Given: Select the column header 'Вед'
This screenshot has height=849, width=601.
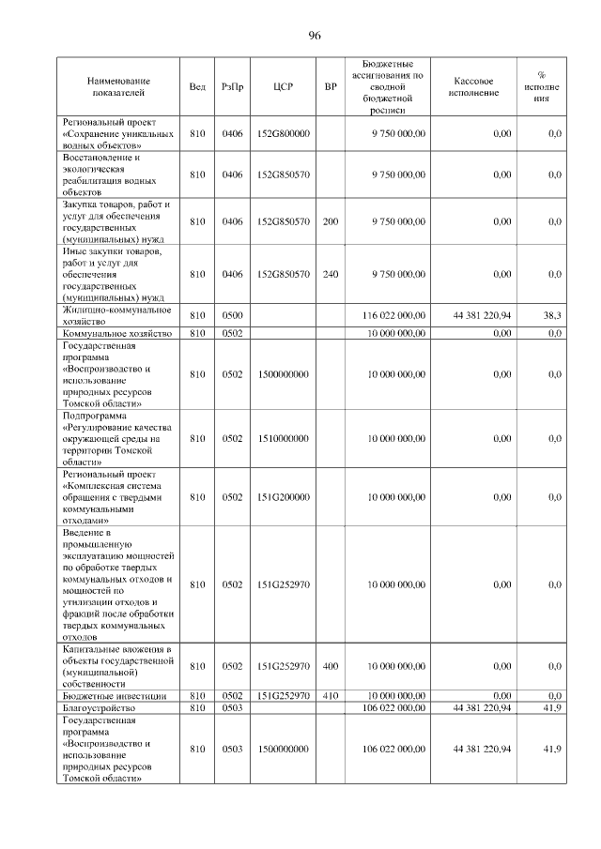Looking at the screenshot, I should (197, 87).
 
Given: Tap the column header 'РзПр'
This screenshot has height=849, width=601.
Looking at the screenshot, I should (232, 87).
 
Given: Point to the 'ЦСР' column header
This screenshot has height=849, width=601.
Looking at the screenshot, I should (283, 87).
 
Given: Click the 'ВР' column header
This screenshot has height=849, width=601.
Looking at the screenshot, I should (330, 87).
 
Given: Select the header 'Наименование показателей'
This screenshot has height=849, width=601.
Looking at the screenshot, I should (118, 87).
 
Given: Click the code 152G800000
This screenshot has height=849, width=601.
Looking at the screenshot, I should (283, 134).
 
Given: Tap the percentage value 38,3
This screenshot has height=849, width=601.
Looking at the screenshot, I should (552, 316).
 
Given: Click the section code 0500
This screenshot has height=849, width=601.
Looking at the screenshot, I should (232, 316).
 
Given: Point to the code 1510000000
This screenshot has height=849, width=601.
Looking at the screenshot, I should (283, 438).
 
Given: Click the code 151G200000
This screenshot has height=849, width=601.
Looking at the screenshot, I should (283, 497).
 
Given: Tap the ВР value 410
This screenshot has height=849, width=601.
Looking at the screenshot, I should (330, 696).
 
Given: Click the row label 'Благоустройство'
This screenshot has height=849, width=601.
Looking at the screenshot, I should (98, 708).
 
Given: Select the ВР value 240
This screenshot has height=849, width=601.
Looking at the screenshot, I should (330, 274).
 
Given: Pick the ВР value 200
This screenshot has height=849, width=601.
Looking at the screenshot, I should (330, 221).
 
